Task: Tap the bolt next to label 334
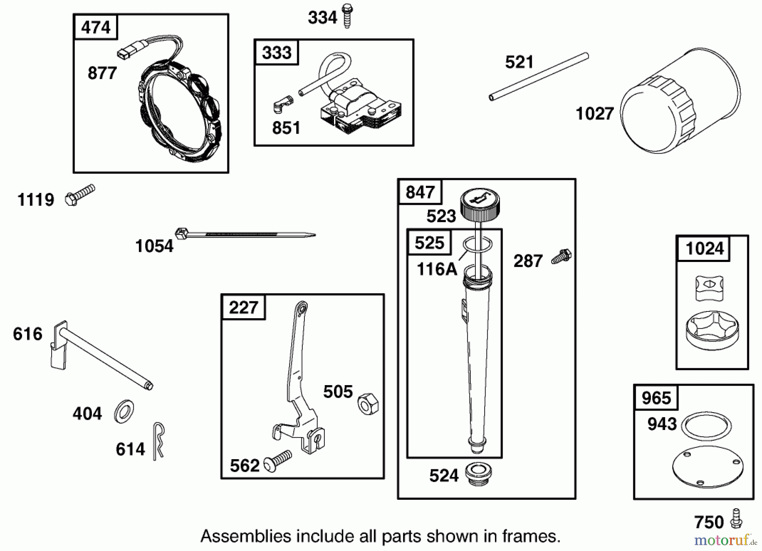coord(347,16)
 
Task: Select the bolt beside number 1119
coord(80,195)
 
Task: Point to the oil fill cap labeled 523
coord(480,203)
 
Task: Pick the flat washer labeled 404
coord(124,410)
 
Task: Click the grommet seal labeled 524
coord(478,474)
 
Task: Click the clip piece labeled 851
coord(282,104)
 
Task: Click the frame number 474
coord(96,28)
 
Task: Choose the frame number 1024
coord(704,248)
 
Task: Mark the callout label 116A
coord(437,269)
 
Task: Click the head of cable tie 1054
coord(181,233)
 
